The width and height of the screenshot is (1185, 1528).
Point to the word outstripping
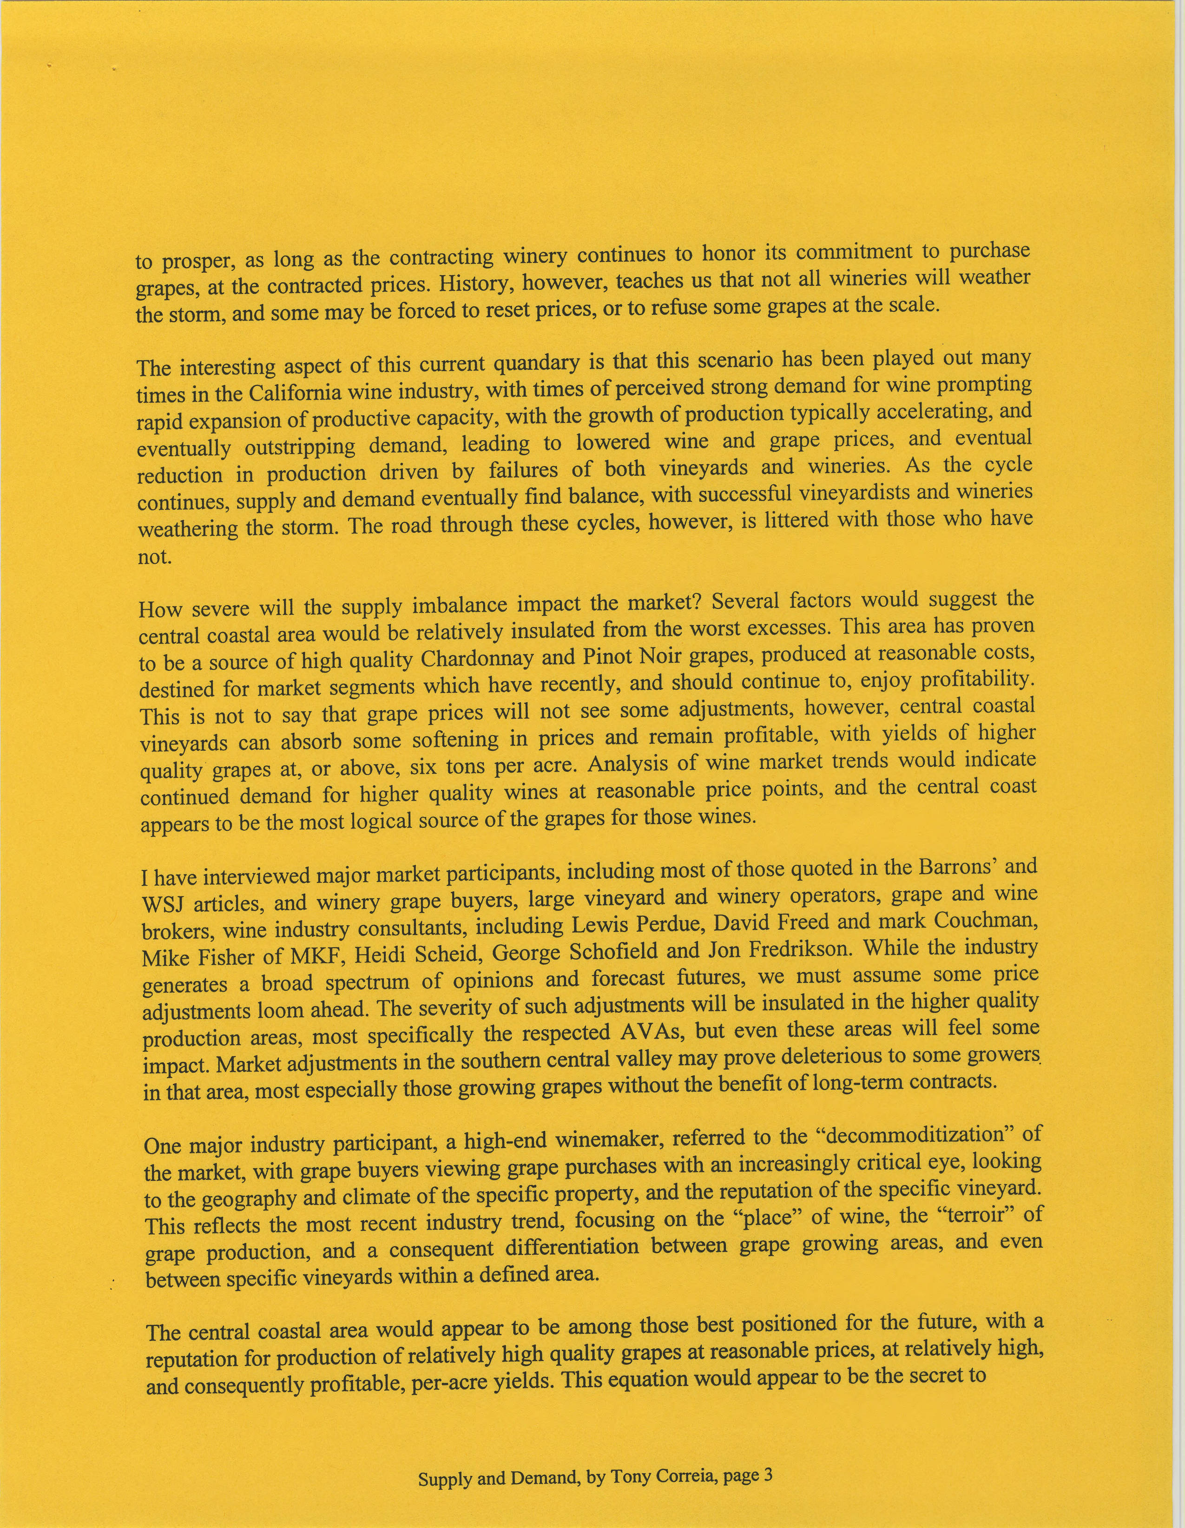pyautogui.click(x=300, y=447)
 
